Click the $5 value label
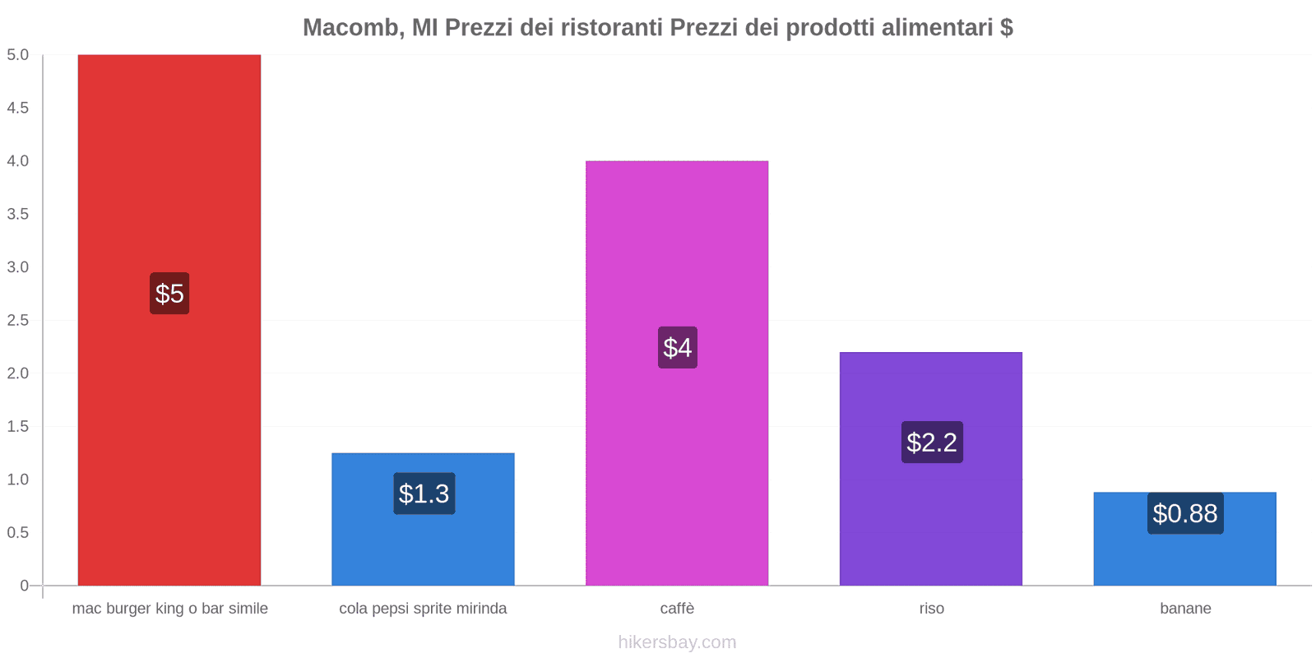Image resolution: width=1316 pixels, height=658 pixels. [x=169, y=294]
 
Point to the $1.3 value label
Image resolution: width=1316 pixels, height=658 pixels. [x=424, y=493]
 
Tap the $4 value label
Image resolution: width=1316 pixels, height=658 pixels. [x=677, y=348]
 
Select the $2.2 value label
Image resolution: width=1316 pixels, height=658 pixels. [x=932, y=443]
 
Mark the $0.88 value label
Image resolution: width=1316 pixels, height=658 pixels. [x=1185, y=513]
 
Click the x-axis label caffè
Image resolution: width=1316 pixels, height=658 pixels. [x=677, y=609]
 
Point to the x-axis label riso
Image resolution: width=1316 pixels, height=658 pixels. [x=932, y=609]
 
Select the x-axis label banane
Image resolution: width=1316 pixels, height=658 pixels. [x=1185, y=609]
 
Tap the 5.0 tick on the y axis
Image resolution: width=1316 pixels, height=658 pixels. [x=18, y=55]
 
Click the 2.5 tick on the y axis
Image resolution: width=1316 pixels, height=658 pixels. [x=18, y=320]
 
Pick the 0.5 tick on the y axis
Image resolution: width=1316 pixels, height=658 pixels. [x=18, y=532]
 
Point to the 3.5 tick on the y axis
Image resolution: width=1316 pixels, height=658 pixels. [x=18, y=214]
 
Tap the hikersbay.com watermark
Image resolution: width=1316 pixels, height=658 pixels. [x=677, y=642]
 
